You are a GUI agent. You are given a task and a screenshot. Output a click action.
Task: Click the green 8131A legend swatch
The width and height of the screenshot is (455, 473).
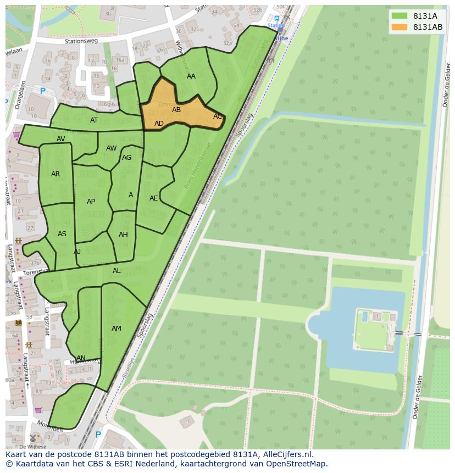coord(399,16)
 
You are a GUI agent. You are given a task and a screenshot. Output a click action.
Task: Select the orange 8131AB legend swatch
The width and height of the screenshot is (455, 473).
coord(399,27)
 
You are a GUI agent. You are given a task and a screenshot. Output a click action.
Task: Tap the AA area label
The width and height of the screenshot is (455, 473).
coord(191,76)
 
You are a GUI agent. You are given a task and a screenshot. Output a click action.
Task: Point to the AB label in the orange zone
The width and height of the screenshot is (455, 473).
coord(176,110)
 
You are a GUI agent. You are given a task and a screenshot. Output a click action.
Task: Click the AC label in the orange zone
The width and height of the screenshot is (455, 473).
coord(218,116)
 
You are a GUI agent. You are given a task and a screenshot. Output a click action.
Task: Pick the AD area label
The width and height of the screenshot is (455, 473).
coord(159,124)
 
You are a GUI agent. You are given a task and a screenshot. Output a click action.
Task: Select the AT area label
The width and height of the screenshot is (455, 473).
coord(94,120)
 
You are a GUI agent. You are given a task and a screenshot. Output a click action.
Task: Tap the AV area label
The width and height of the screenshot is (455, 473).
coord(61,139)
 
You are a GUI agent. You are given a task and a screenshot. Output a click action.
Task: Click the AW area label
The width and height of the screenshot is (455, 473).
coord(112,148)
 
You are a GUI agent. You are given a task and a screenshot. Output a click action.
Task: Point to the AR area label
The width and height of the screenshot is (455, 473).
coord(56,174)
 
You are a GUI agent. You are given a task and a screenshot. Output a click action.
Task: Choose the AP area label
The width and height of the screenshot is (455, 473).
coord(91,202)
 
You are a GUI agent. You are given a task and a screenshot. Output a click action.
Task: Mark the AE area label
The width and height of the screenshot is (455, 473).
coord(154,198)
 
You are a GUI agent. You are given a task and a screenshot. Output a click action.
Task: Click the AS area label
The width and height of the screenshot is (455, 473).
coord(62,234)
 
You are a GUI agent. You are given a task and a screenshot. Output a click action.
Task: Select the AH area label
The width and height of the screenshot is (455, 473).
coord(123,235)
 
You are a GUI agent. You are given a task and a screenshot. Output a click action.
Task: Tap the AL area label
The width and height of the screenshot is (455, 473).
coord(116,271)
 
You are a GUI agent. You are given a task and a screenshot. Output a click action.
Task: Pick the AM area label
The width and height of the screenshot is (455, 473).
coord(116,329)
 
